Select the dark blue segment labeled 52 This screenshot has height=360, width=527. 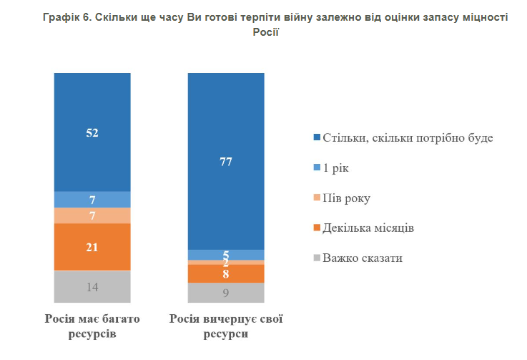92,132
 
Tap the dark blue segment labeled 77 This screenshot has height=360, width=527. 226,161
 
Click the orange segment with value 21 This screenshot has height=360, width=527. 92,248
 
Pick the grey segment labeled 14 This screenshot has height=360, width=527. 92,286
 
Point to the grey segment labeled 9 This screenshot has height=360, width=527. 226,293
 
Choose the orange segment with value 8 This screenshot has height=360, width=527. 226,274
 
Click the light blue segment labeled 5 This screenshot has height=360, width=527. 226,255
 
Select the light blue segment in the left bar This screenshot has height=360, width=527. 92,200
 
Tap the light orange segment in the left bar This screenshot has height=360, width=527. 92,215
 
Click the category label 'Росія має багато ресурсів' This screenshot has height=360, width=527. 92,325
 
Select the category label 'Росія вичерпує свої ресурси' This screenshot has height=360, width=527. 226,325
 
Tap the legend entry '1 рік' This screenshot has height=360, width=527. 335,167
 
